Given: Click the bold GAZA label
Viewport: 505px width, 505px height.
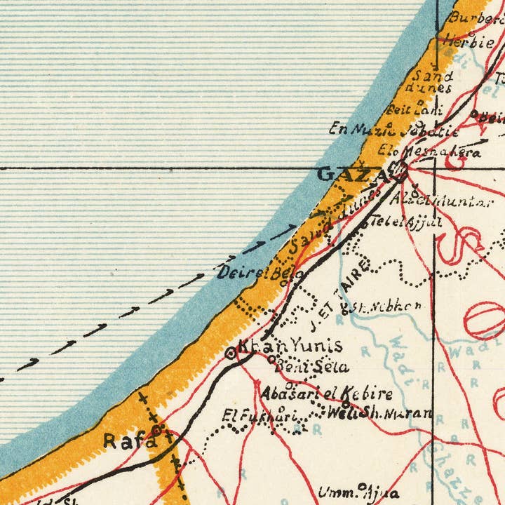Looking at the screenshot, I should pos(351,175).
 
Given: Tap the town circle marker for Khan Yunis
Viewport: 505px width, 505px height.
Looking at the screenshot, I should pos(231,354).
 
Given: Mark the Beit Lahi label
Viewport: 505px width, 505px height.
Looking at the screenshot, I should pos(415,110).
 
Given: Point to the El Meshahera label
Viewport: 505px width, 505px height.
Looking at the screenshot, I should pos(429,151).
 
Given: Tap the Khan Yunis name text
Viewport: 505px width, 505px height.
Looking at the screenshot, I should pos(290,346).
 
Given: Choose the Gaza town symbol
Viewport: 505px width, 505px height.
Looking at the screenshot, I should pos(400,169).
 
